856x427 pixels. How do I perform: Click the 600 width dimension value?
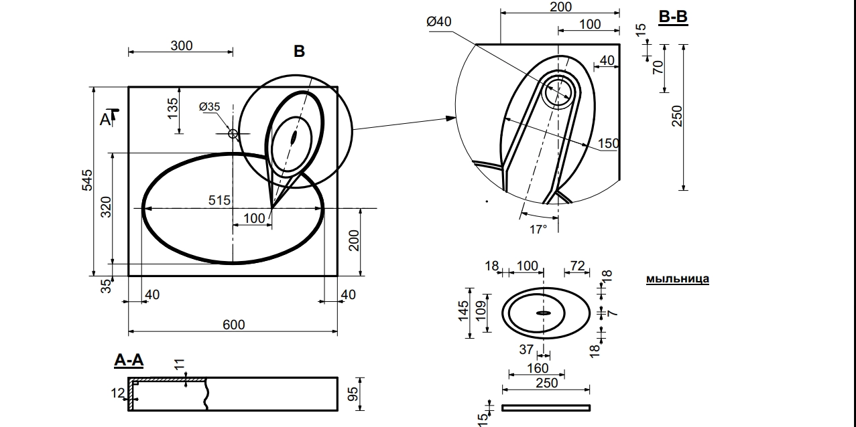click(x=233, y=325)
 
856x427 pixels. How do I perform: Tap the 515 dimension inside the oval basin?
click(x=219, y=200)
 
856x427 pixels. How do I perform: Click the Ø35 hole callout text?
click(x=209, y=106)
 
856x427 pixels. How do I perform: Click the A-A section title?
click(x=129, y=361)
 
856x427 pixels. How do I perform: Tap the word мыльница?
click(x=677, y=279)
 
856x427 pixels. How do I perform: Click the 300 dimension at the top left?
click(x=181, y=46)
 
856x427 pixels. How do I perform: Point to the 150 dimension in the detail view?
click(x=609, y=143)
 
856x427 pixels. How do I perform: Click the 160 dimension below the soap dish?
click(x=538, y=368)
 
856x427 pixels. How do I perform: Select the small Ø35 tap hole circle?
click(x=233, y=134)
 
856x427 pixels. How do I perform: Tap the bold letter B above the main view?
click(x=299, y=52)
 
